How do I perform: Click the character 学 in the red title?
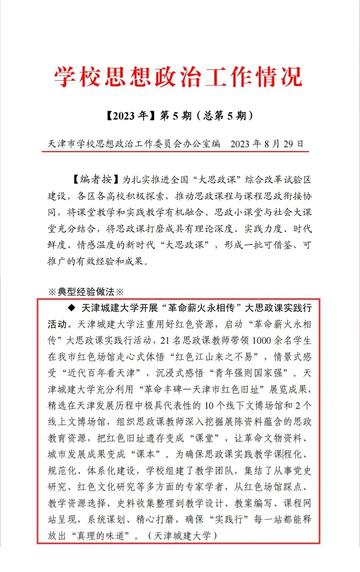65,77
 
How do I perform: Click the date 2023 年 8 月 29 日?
267,144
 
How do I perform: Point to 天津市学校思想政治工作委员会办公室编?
134,144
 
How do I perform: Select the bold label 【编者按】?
96,179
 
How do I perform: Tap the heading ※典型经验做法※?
86,292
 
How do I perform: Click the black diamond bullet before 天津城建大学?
71,308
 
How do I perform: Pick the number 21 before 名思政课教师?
165,340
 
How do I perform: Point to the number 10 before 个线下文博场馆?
209,406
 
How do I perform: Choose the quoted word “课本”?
145,454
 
